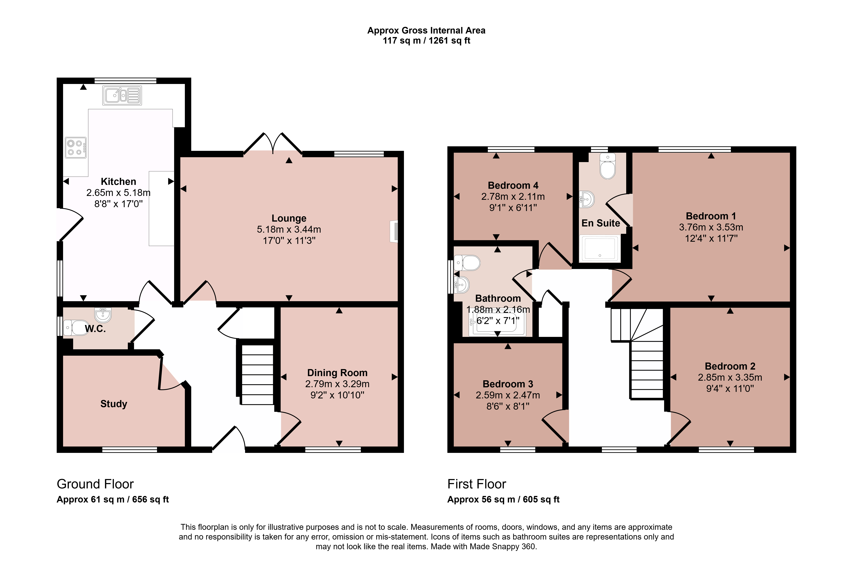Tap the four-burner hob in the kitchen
coord(76,147)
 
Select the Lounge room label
coord(289,218)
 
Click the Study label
coord(114,404)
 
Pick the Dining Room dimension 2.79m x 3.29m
coord(337,384)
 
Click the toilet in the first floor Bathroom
coord(467,263)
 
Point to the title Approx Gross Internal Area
coord(426,31)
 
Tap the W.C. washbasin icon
coord(103,315)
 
